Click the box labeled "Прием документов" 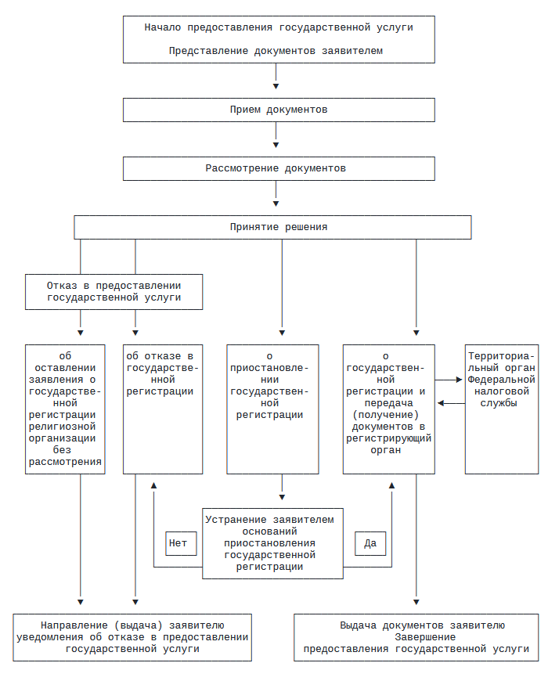pyautogui.click(x=279, y=110)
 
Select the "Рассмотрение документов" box pyautogui.click(x=279, y=168)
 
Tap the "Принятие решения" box pyautogui.click(x=272, y=227)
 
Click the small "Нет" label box pyautogui.click(x=181, y=543)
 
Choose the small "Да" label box pyautogui.click(x=370, y=543)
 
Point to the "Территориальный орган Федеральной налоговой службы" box pyautogui.click(x=502, y=409)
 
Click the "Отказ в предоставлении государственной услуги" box pyautogui.click(x=114, y=292)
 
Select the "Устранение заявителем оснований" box pyautogui.click(x=272, y=543)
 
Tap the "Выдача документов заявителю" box pyautogui.click(x=416, y=637)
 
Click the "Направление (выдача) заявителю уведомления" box pyautogui.click(x=132, y=637)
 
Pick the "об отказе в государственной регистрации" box pyautogui.click(x=163, y=409)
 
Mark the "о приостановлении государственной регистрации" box pyautogui.click(x=272, y=409)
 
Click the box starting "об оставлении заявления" pyautogui.click(x=65, y=409)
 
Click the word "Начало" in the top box pyautogui.click(x=162, y=28)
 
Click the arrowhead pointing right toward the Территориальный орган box pyautogui.click(x=459, y=380)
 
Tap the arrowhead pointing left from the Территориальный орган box pyautogui.click(x=441, y=403)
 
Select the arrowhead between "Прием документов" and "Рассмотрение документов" pyautogui.click(x=276, y=145)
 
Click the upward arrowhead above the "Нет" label pyautogui.click(x=153, y=485)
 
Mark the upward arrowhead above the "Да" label pyautogui.click(x=391, y=485)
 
